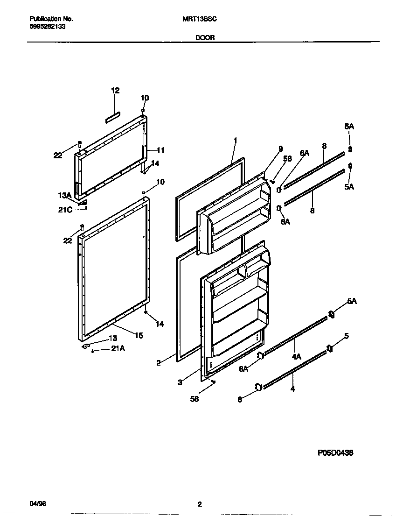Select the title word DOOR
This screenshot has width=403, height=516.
tap(205, 38)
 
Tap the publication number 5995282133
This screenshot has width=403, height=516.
tap(47, 27)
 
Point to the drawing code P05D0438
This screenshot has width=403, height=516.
tap(335, 452)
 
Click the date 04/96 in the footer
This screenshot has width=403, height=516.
tap(38, 504)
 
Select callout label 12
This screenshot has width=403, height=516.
tap(115, 91)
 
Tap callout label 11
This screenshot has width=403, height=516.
tap(160, 150)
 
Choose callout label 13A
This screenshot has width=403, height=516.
tap(64, 195)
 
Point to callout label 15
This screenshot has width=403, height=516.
tap(139, 335)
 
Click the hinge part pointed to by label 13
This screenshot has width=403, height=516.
tap(86, 346)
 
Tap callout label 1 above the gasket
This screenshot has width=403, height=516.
tap(236, 140)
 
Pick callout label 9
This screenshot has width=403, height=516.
tap(280, 149)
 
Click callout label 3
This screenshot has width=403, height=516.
tap(180, 382)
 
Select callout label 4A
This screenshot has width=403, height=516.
tap(296, 357)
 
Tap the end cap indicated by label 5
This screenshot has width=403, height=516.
tap(329, 348)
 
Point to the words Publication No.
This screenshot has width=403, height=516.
tap(51, 19)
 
